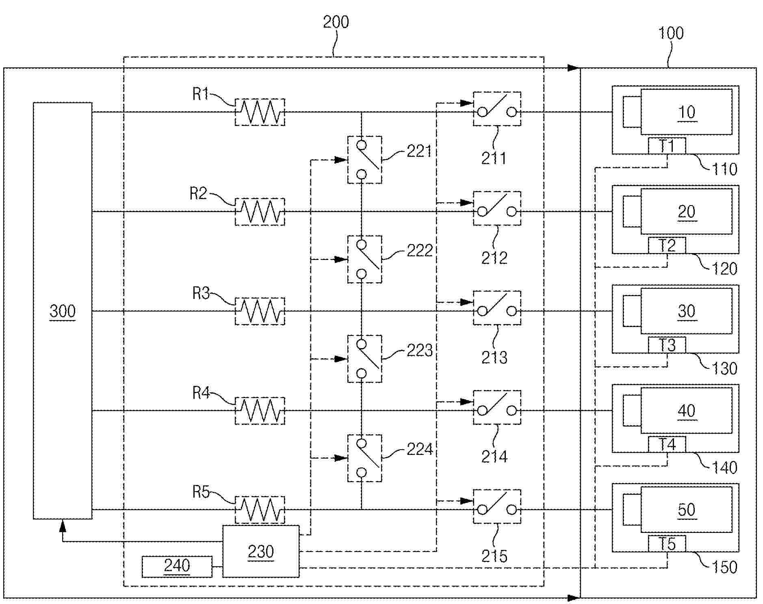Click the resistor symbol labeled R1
260,112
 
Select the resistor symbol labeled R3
260,311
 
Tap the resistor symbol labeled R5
260,510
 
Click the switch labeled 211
497,109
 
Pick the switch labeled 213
497,308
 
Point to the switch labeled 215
497,507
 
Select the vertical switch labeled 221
364,160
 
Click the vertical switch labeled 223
364,359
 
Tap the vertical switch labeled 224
364,458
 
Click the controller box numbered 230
260,551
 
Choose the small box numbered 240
177,566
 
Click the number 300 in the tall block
63,311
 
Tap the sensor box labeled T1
667,146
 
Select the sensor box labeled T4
667,444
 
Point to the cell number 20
687,212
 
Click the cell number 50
687,510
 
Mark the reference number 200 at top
336,22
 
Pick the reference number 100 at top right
670,33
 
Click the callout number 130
724,368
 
